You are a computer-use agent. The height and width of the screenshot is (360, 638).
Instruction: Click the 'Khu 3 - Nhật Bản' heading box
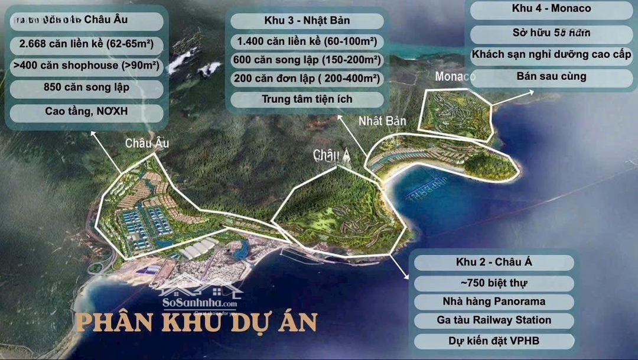click(307, 21)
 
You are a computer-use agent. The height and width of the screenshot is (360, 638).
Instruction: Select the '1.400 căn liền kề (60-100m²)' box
click(307, 42)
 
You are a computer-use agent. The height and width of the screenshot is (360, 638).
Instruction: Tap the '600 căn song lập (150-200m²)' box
click(307, 60)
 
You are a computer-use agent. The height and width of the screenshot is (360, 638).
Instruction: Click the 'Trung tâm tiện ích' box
click(307, 99)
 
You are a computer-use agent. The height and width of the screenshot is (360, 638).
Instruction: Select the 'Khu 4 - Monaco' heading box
click(551, 9)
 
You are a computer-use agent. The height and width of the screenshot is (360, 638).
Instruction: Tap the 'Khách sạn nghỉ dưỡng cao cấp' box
click(551, 55)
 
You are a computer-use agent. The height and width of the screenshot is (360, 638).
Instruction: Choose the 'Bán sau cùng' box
click(551, 76)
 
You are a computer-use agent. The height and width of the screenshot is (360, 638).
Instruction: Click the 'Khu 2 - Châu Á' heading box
click(494, 262)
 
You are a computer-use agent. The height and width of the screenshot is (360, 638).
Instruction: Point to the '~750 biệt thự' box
click(494, 283)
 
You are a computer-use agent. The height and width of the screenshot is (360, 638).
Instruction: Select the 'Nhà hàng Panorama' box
click(494, 301)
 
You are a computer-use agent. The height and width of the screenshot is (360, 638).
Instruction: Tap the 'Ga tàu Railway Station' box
click(494, 320)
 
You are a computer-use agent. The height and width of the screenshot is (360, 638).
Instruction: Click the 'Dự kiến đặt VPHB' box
click(494, 340)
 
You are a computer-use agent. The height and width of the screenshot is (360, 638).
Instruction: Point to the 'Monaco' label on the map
click(455, 77)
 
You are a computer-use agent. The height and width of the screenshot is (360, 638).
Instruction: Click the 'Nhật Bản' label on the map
click(383, 121)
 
